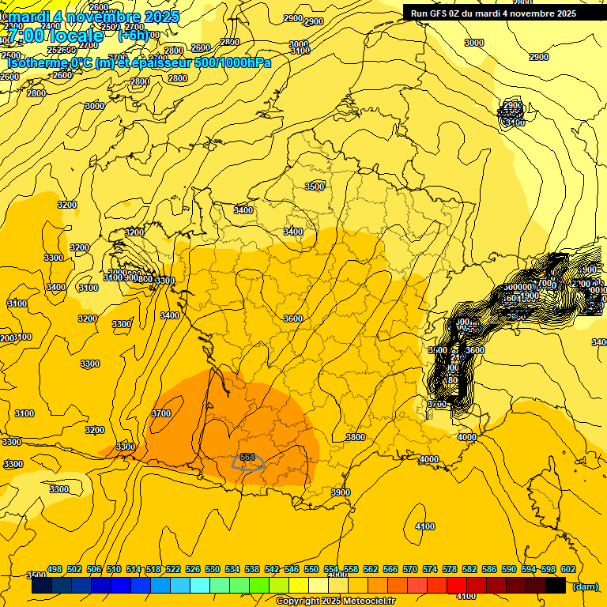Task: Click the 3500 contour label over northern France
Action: [x=315, y=187]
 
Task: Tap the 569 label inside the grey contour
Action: [x=247, y=458]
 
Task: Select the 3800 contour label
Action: [x=356, y=437]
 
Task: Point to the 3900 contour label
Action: [x=340, y=492]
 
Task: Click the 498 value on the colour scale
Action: [x=55, y=569]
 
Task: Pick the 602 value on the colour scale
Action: [x=567, y=569]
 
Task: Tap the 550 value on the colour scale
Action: [x=311, y=569]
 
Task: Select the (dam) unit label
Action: [x=585, y=586]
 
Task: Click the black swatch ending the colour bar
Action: [x=556, y=586]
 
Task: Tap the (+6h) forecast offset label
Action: [x=133, y=36]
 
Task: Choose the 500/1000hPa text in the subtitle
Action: [x=232, y=62]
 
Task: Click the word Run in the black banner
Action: [x=419, y=13]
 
